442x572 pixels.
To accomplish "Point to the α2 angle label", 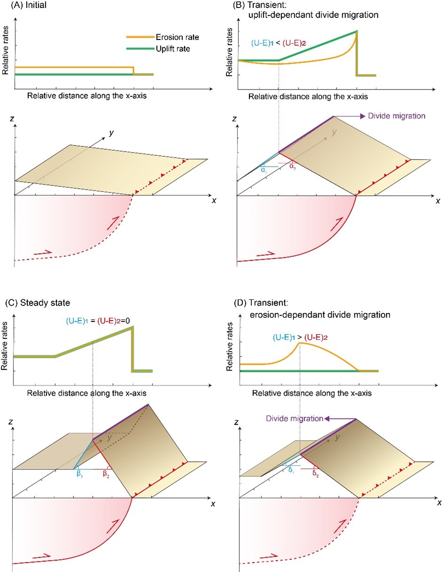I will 292,167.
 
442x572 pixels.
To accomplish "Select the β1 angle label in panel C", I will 79,475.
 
